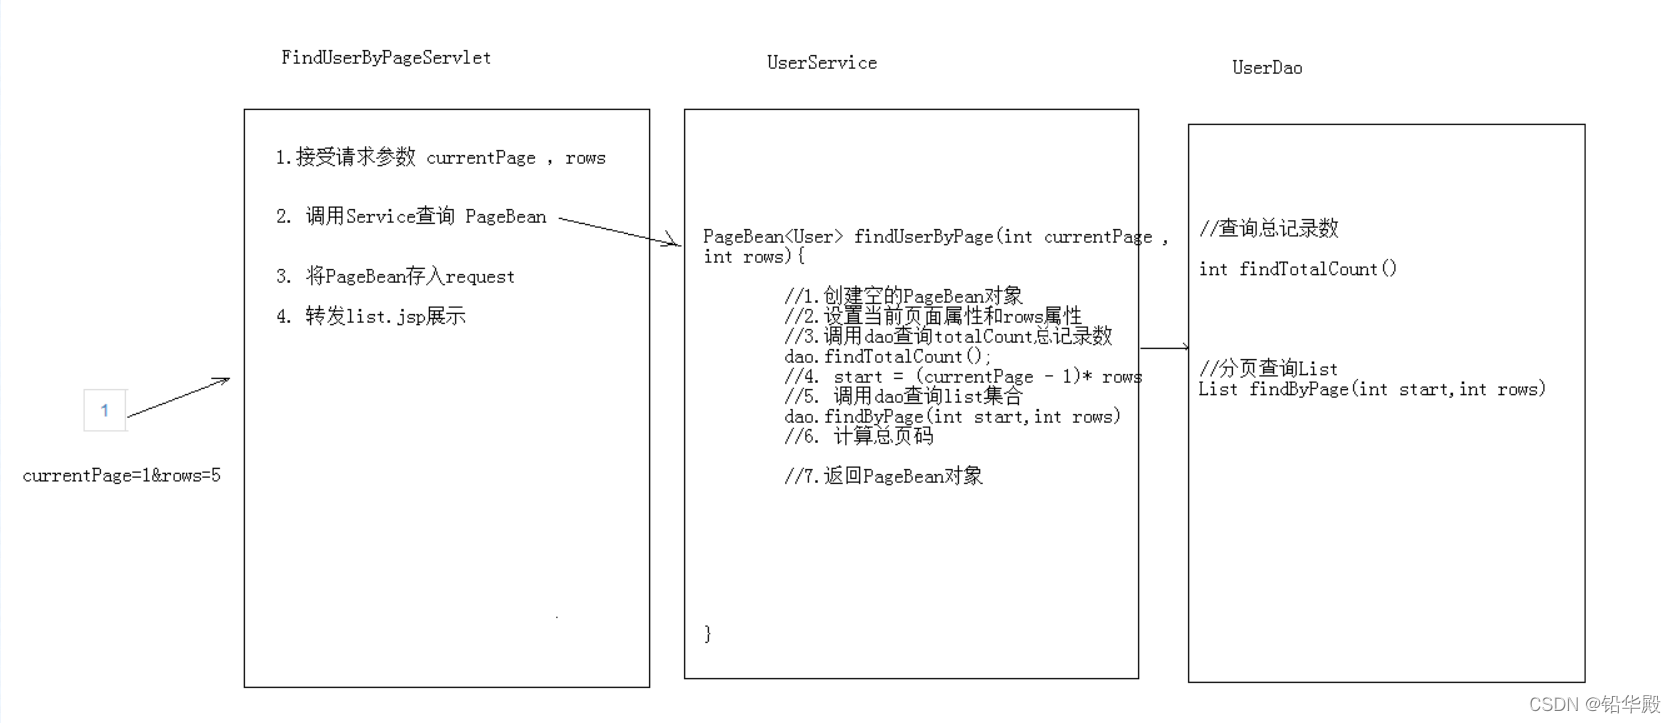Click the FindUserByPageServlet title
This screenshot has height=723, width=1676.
click(386, 58)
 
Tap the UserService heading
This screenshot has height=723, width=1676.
click(822, 63)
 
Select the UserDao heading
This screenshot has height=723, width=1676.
click(1267, 68)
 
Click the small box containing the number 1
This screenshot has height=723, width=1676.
click(105, 410)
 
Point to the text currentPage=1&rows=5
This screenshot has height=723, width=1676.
click(122, 476)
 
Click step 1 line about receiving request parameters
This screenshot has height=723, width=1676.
click(441, 158)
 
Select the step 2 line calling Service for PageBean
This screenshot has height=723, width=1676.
click(411, 217)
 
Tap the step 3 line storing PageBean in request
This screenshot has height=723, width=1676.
click(396, 277)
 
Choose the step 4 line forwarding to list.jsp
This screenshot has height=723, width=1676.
click(371, 317)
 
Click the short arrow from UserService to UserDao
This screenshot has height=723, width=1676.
click(1164, 348)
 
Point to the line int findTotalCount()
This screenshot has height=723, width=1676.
click(1298, 269)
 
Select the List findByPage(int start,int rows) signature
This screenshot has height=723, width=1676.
click(1373, 389)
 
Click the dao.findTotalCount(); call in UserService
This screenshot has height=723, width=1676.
click(888, 357)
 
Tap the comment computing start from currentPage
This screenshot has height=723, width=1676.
click(964, 377)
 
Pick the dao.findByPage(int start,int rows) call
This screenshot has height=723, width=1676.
click(953, 417)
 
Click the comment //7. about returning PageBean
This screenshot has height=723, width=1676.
click(884, 477)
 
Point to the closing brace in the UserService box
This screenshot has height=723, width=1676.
click(708, 633)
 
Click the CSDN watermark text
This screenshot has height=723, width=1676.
click(1593, 705)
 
